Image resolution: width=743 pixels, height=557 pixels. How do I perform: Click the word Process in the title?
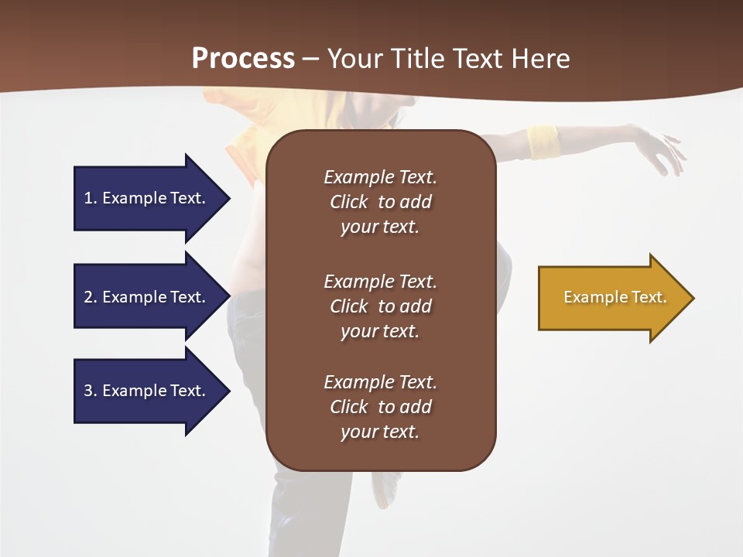point(243,59)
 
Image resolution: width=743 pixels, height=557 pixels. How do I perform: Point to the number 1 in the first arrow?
point(88,198)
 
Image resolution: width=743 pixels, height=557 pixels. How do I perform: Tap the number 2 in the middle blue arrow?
point(88,297)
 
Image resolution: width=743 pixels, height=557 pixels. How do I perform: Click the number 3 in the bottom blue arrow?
point(88,391)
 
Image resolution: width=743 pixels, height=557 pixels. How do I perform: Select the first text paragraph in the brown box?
point(380,202)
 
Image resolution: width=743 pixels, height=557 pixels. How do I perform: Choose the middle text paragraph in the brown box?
point(380,306)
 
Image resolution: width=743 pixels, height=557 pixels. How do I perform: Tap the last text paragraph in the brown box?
point(380,407)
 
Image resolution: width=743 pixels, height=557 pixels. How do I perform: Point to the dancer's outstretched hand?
point(662,151)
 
